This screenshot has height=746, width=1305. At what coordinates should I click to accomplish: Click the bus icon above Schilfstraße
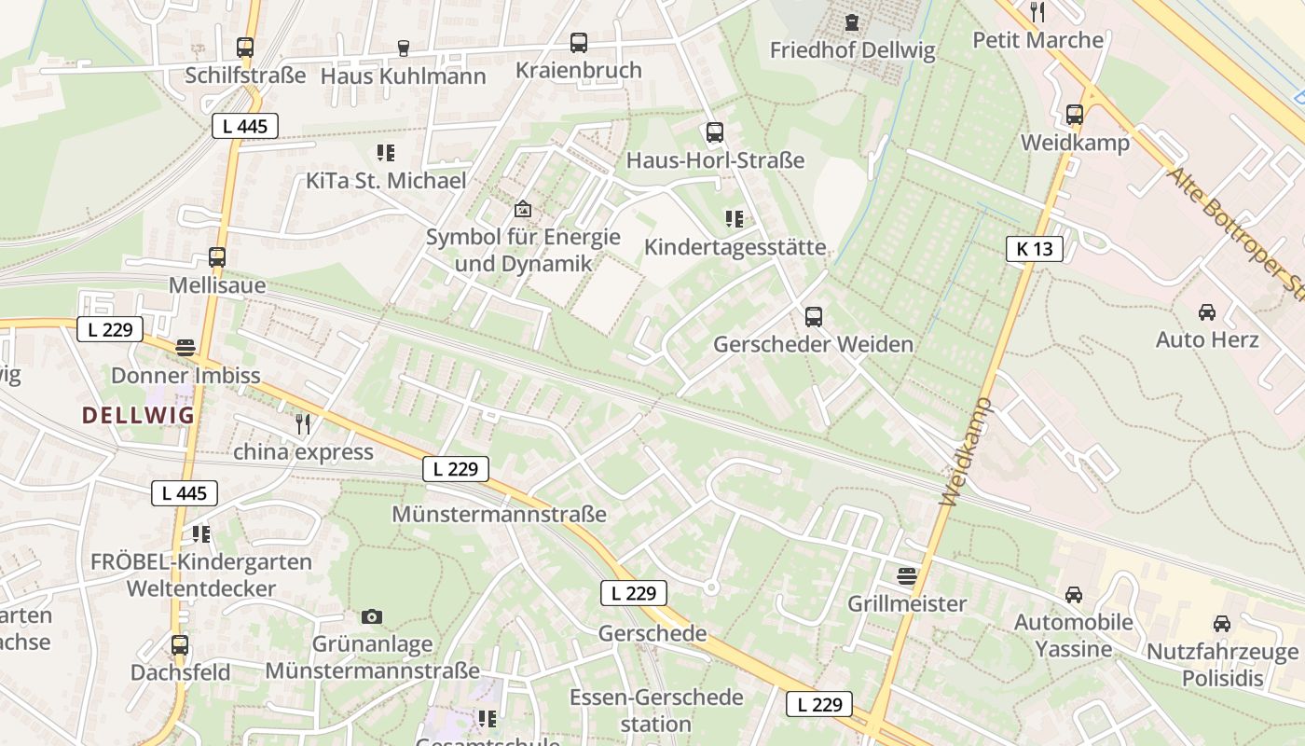pos(245,47)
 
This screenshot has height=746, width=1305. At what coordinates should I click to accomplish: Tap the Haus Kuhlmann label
pos(403,76)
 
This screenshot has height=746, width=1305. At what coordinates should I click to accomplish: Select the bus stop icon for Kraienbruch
pos(579,42)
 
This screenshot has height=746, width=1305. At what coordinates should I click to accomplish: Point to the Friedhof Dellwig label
pos(852,50)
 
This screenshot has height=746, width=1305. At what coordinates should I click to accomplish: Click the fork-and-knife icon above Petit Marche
pos(1037,11)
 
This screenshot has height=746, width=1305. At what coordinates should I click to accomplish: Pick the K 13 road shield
pos(1035,248)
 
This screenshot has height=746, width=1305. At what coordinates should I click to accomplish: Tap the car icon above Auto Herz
pos(1207,311)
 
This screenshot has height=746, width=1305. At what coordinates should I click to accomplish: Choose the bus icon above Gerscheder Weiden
pos(814,316)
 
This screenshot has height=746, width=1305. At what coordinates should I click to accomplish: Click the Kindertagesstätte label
pos(735,247)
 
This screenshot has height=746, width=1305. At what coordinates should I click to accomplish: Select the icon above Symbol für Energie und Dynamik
pos(522,209)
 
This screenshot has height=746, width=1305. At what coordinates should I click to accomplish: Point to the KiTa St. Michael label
pos(386,180)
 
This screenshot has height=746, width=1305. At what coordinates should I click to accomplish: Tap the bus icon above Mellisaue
pos(217,256)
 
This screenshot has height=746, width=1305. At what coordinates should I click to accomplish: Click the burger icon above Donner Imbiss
pos(185,348)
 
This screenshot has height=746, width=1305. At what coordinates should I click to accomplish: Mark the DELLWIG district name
pos(138,415)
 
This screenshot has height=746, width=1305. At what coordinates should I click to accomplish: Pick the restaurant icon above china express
pos(303,424)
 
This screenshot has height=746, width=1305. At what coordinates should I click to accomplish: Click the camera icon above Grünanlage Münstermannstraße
pos(372,616)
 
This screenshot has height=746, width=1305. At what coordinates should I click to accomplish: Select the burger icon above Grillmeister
pos(907,575)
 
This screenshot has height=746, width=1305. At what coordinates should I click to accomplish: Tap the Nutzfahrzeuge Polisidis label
pos(1221,665)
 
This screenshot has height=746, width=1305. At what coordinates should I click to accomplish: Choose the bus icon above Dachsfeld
pos(180,644)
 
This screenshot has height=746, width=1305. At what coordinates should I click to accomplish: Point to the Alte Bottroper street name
pos(1230,233)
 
